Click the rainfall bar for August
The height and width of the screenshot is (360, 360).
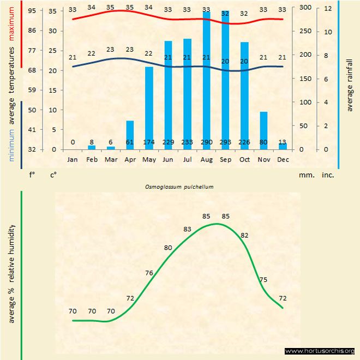coord(207,82)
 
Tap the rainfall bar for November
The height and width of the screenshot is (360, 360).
coord(263,130)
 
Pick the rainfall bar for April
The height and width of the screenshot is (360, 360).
coord(130,135)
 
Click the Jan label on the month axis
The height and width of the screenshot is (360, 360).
coord(72,160)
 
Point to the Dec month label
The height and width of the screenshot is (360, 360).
coord(283,160)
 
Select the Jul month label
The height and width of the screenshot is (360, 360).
coord(187,160)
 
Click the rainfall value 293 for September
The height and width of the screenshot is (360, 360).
coord(225,143)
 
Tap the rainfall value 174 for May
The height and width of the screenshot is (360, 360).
coord(149,143)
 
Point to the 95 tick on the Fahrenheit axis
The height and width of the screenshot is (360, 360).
coord(32,11)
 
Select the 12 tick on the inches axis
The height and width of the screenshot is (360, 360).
coord(328,8)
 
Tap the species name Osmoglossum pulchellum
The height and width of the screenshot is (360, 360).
coord(178,187)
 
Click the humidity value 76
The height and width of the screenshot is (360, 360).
coord(149,273)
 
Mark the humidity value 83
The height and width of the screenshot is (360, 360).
coord(188,229)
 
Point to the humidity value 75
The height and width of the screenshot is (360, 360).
coord(263,280)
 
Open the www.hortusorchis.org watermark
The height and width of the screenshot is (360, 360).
coord(320,351)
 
